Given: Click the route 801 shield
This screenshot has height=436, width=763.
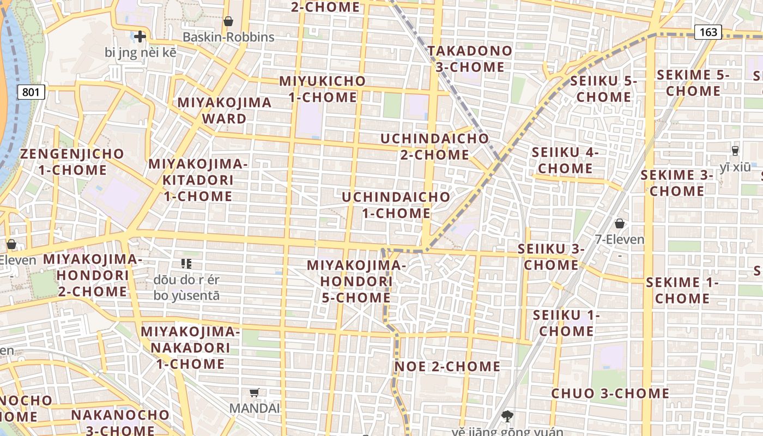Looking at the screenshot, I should click(31, 92).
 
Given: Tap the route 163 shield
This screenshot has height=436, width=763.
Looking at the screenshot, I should click(708, 32).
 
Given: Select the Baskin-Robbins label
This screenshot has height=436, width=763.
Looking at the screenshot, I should click(228, 37).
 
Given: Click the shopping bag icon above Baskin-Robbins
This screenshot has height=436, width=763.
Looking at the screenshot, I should click(228, 21).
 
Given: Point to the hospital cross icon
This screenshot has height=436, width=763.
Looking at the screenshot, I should click(140, 37).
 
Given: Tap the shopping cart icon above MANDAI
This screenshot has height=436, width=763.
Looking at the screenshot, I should click(254, 392).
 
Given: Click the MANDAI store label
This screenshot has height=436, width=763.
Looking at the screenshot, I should click(254, 408).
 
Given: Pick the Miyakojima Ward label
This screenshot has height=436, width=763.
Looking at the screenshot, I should click(225, 110).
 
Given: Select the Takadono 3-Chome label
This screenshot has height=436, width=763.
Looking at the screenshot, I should click(470, 59).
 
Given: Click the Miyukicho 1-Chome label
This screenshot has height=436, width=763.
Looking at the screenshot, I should click(322, 89).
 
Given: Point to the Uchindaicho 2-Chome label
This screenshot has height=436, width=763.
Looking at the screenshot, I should click(434, 146).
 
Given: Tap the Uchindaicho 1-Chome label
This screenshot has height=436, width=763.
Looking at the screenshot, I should click(396, 204).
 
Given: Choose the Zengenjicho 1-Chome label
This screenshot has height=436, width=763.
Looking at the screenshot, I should click(72, 161).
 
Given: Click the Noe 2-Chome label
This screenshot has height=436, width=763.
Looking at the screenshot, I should click(447, 366).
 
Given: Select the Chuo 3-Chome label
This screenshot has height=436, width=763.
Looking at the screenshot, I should click(610, 393).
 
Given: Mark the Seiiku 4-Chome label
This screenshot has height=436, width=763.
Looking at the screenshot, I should click(565, 160).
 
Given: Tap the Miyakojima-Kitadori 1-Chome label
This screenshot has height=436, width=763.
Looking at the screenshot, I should click(198, 179).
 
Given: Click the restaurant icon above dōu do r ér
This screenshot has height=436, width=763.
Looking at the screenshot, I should click(186, 264).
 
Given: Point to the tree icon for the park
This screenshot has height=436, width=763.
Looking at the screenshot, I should click(508, 416).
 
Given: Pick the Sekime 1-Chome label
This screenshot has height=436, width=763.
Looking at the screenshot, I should click(682, 290).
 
